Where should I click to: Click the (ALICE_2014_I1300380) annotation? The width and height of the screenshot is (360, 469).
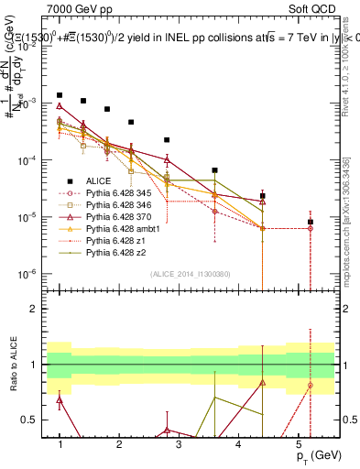tap(191, 273)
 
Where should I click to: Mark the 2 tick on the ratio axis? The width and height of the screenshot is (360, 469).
tap(36, 309)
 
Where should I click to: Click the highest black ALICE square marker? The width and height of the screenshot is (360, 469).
tap(60, 95)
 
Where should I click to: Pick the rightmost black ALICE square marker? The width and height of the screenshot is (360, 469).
tap(311, 222)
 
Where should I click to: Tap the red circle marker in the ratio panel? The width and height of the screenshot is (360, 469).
tap(311, 385)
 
